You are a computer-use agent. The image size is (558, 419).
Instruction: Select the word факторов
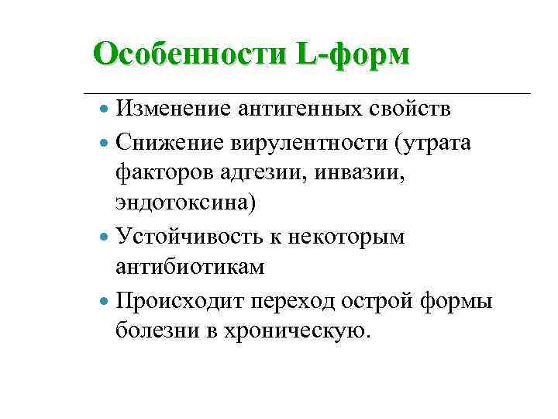[164, 172]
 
